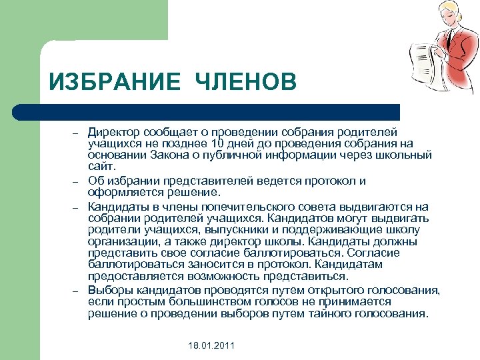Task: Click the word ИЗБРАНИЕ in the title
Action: (115, 83)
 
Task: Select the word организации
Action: (119, 241)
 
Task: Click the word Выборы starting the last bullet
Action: (110, 290)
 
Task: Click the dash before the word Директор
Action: (77, 133)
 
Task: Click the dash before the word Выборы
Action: (77, 291)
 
